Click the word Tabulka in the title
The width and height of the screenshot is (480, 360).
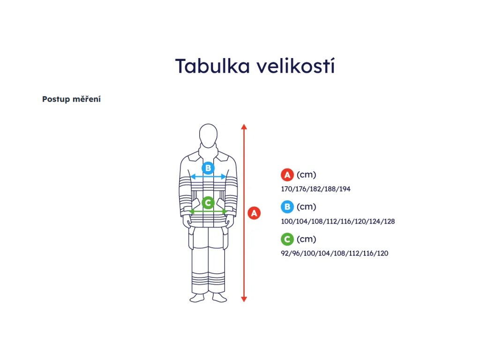pos(212,66)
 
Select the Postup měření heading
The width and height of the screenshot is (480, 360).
pos(71,99)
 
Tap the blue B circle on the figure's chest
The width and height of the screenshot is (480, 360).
pos(208,168)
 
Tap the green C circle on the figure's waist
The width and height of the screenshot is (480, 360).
pos(208,203)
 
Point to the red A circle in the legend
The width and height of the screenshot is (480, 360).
pos(287,175)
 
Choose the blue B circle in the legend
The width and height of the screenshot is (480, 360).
pos(287,207)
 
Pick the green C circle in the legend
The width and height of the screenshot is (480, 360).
pos(287,239)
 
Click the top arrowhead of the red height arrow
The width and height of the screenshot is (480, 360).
pos(244,126)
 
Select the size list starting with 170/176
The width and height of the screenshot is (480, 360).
pos(316,189)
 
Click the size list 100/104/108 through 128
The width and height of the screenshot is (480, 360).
pos(338,221)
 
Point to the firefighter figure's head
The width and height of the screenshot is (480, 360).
pos(208,135)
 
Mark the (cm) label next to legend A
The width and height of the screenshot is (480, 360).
pos(307,175)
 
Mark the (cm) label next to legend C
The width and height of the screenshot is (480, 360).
pos(307,239)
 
